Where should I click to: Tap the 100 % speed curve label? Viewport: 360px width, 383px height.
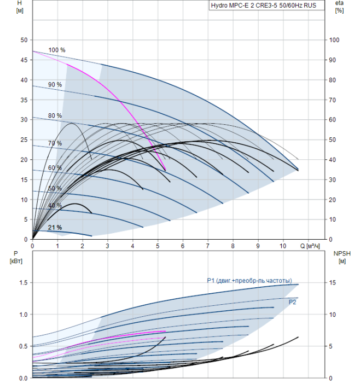(57, 50)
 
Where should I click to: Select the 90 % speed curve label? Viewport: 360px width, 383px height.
(55, 85)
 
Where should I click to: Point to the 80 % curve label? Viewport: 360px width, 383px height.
(55, 115)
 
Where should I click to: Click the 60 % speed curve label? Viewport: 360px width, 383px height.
(55, 167)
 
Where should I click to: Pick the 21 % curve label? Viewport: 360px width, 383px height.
(55, 227)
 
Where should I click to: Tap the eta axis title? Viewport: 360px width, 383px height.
(339, 7)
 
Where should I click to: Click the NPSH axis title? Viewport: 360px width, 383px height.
(341, 257)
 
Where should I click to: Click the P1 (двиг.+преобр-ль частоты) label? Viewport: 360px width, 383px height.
(249, 281)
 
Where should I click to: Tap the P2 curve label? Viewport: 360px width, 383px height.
(293, 301)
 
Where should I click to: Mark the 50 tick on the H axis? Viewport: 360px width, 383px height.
(24, 40)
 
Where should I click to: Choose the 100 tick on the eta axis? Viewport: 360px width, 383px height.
(334, 40)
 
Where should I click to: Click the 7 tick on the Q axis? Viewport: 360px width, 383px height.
(208, 246)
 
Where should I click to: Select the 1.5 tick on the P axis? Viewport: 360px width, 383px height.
(22, 282)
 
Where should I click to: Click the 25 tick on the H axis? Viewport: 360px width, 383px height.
(24, 140)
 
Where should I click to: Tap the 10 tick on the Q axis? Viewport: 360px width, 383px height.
(283, 246)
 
